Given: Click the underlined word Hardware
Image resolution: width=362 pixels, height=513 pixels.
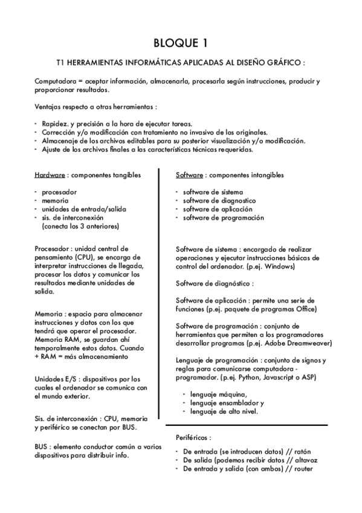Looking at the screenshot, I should point(50,175).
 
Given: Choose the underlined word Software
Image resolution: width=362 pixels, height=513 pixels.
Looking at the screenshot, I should point(189,175).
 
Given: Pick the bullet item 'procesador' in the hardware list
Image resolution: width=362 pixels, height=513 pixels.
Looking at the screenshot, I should point(59,192).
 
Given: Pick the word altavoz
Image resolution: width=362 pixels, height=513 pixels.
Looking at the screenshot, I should point(306,460).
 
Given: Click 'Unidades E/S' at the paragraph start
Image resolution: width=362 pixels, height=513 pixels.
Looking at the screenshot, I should point(54,379).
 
